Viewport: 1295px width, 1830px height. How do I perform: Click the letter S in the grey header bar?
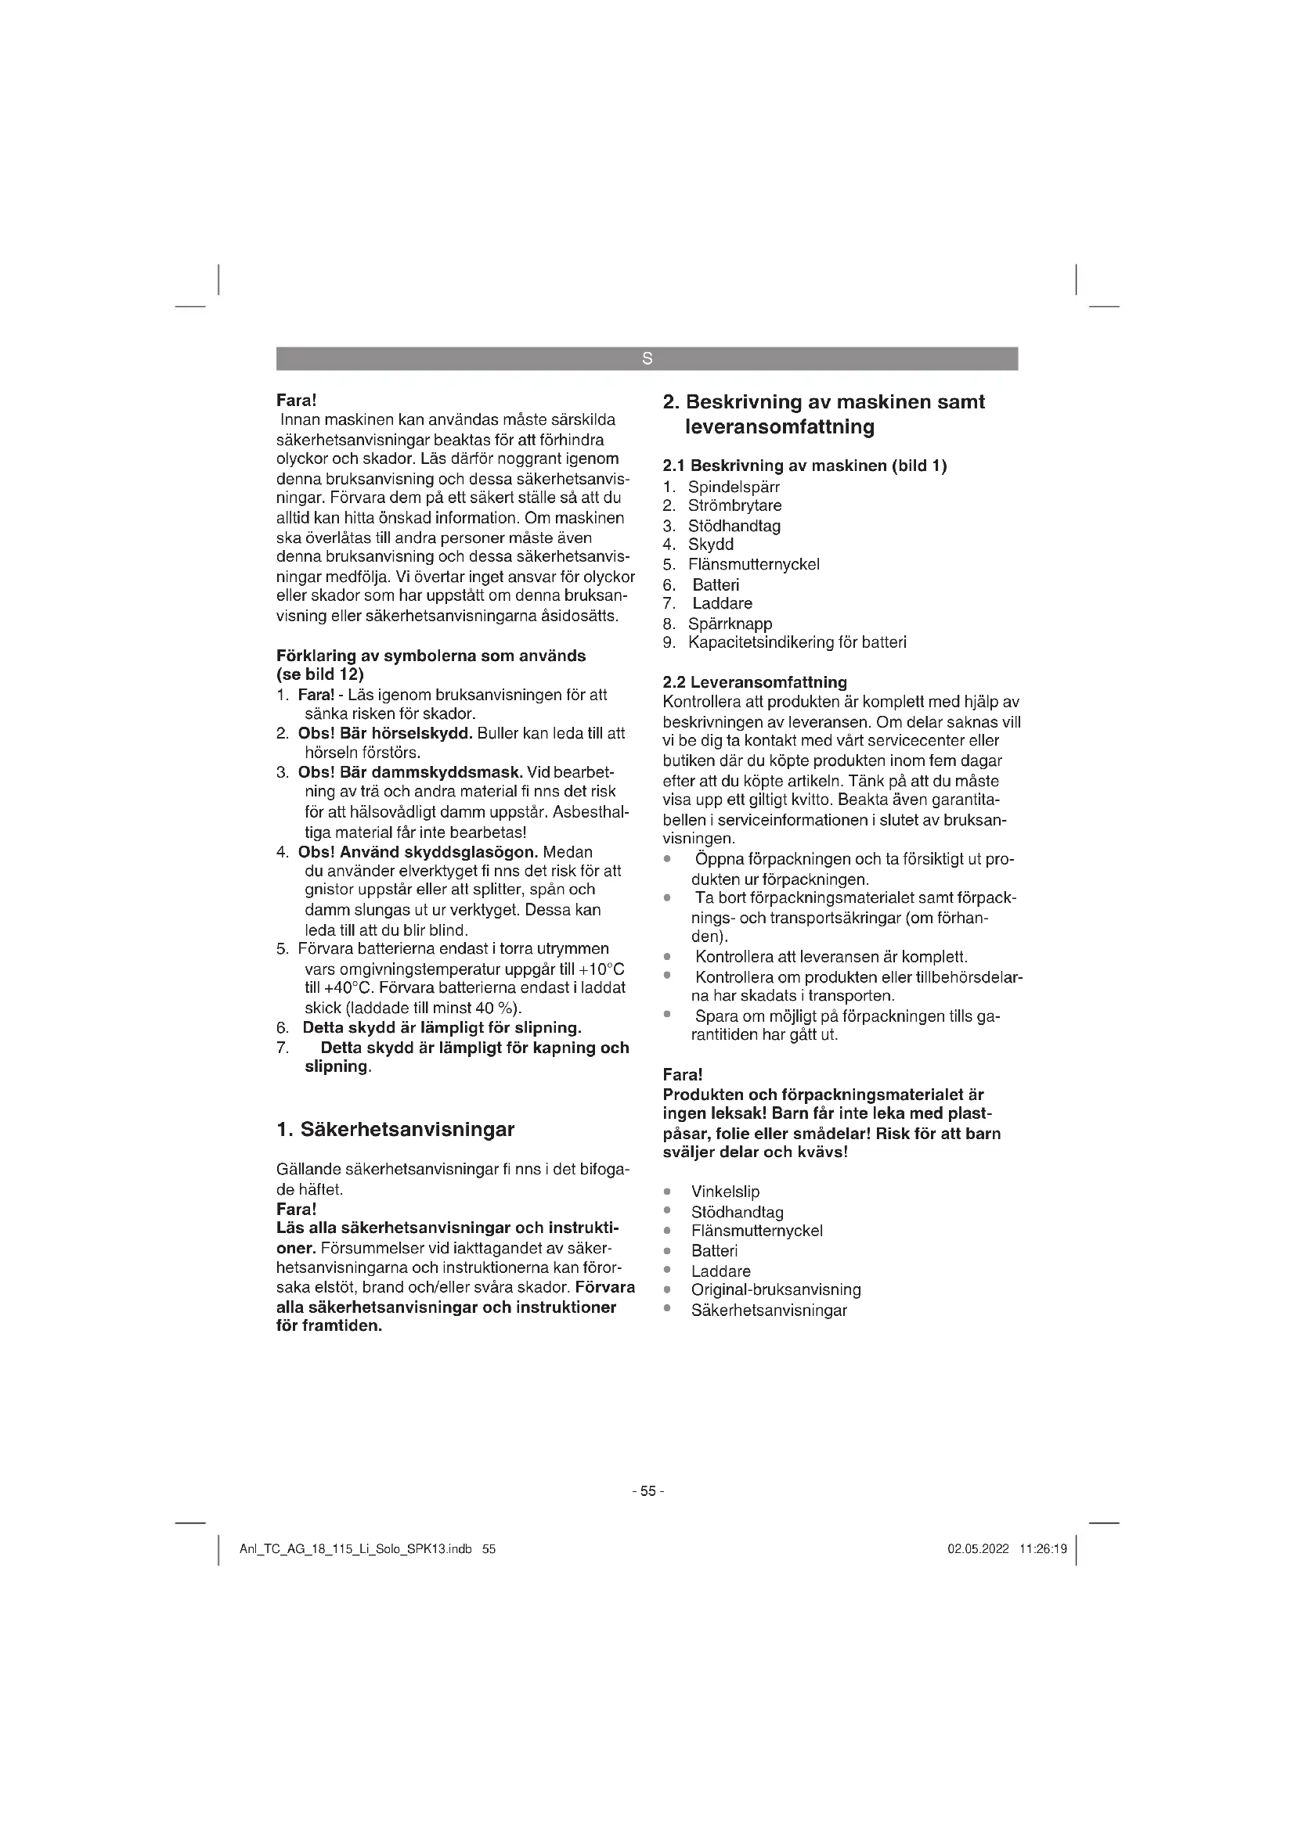click(647, 358)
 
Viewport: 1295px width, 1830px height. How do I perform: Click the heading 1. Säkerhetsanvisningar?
click(395, 1129)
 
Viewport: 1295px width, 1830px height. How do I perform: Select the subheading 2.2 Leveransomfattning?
click(754, 682)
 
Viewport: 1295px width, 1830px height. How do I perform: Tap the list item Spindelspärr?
click(734, 486)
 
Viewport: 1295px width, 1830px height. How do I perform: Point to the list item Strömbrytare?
click(734, 505)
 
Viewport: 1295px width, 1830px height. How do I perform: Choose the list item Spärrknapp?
click(730, 624)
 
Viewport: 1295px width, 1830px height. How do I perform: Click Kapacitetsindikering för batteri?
click(796, 642)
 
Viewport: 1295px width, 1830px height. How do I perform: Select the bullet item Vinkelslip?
click(725, 1192)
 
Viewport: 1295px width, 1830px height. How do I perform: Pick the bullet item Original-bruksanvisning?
click(776, 1289)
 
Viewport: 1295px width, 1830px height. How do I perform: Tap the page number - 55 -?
click(647, 1491)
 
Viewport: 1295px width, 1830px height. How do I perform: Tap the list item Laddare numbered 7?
click(722, 603)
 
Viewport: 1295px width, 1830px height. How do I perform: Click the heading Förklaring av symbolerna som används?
click(431, 656)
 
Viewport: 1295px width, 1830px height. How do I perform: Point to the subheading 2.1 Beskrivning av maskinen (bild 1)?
click(805, 466)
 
